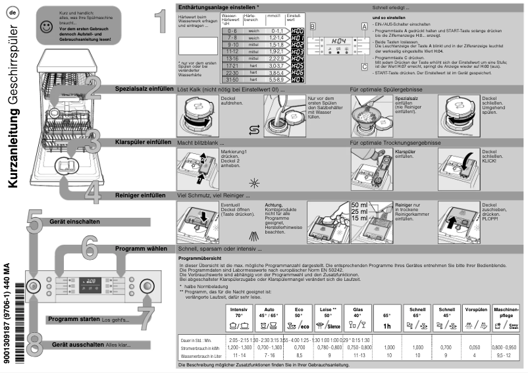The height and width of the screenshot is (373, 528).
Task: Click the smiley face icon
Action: [x=45, y=27]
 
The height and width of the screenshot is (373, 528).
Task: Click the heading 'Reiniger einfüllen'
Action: [x=140, y=195]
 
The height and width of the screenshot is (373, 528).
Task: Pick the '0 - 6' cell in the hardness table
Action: [x=232, y=31]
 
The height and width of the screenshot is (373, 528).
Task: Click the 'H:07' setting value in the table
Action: [x=298, y=80]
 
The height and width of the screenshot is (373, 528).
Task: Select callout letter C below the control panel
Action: [x=364, y=66]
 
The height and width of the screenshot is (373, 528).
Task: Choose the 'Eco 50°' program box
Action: [x=299, y=317]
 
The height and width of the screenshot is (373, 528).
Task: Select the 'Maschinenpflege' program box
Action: [x=508, y=317]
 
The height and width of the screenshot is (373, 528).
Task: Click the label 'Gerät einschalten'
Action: [x=75, y=222]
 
